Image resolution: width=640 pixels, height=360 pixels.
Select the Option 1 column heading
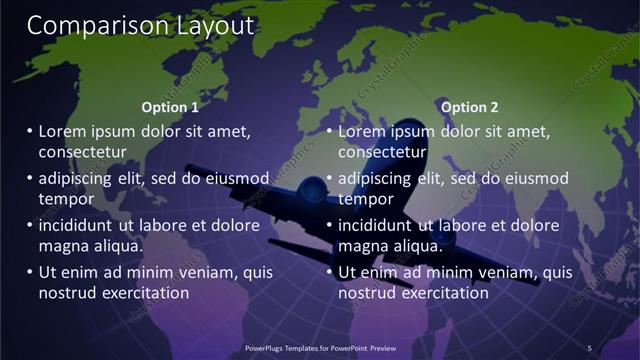pos(170,107)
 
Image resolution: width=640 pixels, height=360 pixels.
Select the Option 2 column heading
pos(469,107)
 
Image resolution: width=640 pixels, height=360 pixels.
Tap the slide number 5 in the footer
pos(589,347)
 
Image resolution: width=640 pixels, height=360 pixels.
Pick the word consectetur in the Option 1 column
pos(82,152)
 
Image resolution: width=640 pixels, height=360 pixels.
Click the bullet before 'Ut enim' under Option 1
pos(29,272)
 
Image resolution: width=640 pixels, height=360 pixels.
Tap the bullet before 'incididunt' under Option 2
pos(329,225)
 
